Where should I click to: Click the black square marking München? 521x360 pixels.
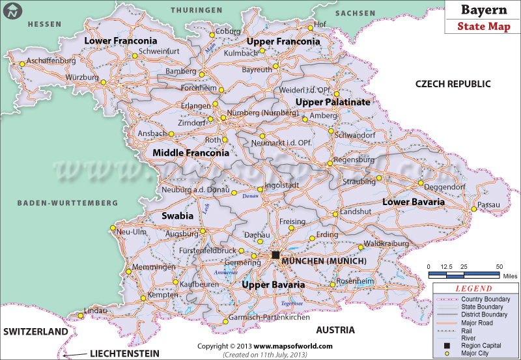tap(276, 255)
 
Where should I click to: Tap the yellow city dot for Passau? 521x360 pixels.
tap(475, 209)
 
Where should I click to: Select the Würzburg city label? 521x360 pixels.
tap(82, 77)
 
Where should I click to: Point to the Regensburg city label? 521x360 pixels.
tap(354, 159)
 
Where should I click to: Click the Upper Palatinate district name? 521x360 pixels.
tap(333, 102)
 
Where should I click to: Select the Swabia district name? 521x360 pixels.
tap(178, 215)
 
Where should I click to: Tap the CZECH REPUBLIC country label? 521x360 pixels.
tap(453, 84)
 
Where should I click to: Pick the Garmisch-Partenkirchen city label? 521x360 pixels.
tap(270, 318)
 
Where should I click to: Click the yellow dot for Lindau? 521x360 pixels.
tap(80, 316)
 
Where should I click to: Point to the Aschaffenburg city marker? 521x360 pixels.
tap(22, 64)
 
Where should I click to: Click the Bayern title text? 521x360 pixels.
tap(481, 10)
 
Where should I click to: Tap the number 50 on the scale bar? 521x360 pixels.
tap(499, 267)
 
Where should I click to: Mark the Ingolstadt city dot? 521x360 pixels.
tap(260, 189)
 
